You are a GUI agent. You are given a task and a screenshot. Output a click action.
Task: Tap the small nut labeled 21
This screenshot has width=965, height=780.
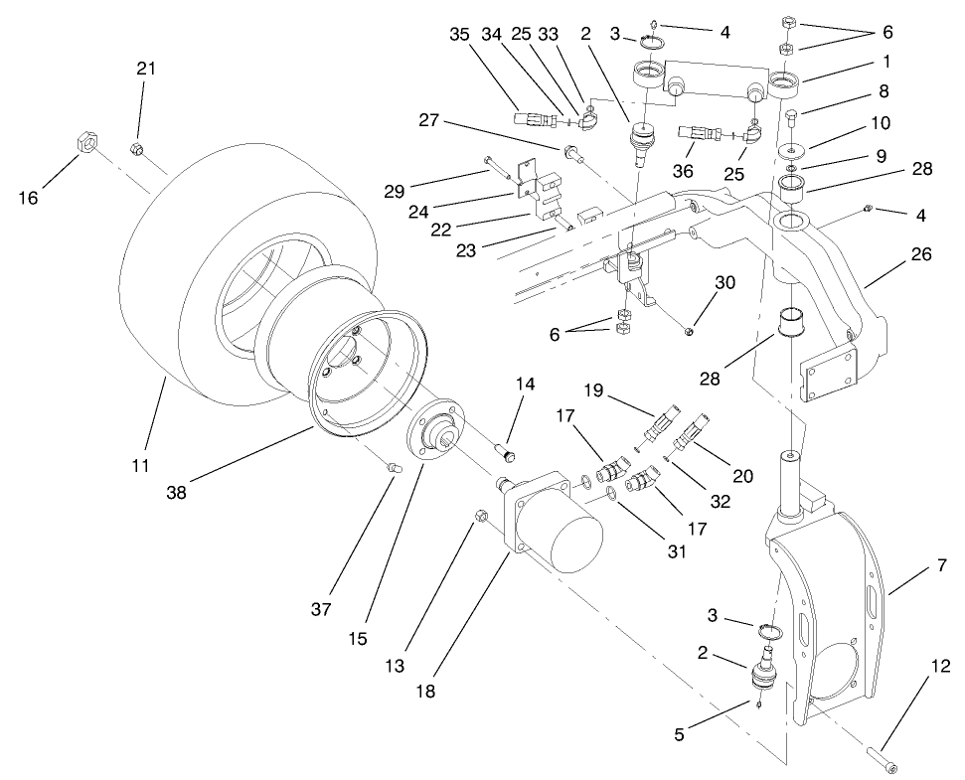[x=138, y=150]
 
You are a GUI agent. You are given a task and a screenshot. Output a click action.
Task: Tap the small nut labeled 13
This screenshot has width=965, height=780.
[x=479, y=515]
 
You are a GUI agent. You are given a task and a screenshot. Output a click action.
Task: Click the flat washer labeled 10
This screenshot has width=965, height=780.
[x=794, y=149]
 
